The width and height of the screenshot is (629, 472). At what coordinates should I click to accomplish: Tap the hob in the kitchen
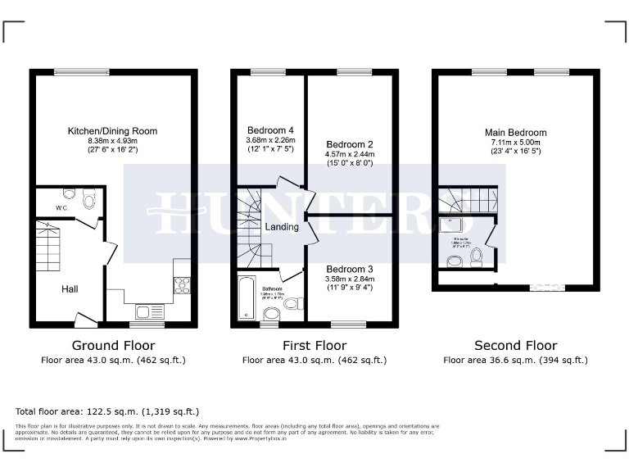click(182, 285)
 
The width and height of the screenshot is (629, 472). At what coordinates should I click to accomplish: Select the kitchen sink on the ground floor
click(150, 311)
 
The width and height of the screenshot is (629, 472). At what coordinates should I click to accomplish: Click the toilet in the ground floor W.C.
click(88, 199)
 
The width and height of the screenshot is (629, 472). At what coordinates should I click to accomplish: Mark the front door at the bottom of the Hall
click(84, 319)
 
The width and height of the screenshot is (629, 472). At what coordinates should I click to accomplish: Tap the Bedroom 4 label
click(269, 131)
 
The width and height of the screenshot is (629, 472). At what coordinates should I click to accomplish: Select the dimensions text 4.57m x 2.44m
click(349, 153)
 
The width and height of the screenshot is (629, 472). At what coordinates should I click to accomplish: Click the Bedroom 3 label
click(350, 269)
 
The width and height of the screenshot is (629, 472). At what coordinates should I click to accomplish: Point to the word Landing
click(281, 227)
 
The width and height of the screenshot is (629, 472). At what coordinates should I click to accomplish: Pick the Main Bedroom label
click(515, 133)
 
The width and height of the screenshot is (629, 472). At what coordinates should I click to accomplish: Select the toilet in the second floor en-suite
click(477, 257)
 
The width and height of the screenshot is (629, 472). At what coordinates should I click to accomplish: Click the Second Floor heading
click(515, 346)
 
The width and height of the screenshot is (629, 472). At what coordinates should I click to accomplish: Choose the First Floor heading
click(314, 346)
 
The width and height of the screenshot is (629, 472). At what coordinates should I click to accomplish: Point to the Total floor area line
click(107, 411)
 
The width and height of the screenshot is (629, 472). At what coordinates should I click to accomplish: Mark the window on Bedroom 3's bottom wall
click(354, 323)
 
